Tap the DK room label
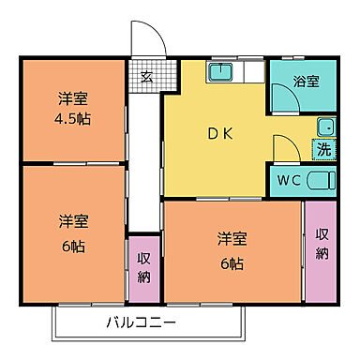point(217,133)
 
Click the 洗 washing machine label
point(322,148)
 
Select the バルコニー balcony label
point(141,323)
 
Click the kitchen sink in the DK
point(220,71)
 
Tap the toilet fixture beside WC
point(320,178)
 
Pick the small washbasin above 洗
point(324,127)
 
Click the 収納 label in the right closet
point(322,244)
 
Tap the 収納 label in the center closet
point(144,267)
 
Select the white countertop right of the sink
point(250,71)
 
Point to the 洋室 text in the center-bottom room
point(233,237)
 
